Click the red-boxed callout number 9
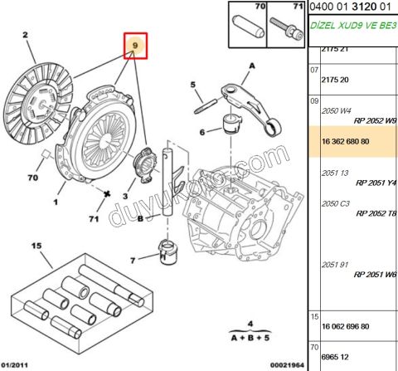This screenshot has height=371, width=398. coord(134,46)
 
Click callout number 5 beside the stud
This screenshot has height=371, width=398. coord(192,85)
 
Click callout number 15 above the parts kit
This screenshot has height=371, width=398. coord(36,246)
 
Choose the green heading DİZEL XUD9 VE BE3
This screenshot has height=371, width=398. coord(352,26)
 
